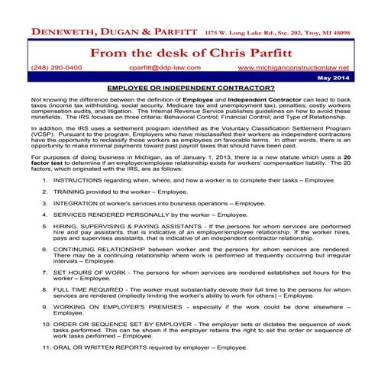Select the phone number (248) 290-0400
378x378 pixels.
point(57,68)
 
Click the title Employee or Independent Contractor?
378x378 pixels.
point(189,89)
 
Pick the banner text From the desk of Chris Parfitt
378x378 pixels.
point(189,53)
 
